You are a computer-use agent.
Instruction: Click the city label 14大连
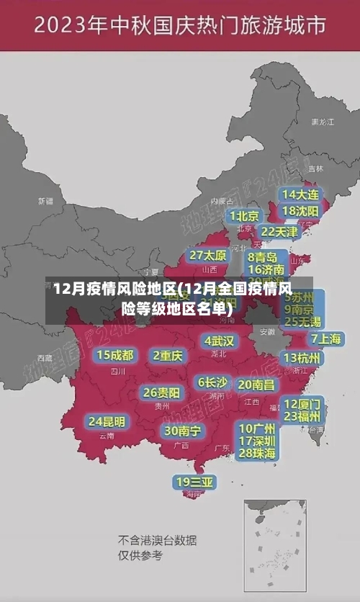[x=301, y=195]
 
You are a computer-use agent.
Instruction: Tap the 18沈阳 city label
[x=301, y=211]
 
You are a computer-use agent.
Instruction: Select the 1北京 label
[x=244, y=216]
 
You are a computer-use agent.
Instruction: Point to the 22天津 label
[x=279, y=232]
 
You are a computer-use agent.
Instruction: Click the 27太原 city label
[x=208, y=256]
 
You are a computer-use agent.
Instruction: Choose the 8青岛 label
[x=263, y=257]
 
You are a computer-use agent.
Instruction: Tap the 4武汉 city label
[x=219, y=341]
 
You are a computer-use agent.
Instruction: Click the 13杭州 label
[x=302, y=358]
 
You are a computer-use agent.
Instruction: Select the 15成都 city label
[x=115, y=355]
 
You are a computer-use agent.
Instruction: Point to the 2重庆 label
[x=168, y=356]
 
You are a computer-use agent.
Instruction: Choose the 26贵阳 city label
[x=161, y=393]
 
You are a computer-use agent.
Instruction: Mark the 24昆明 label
[x=107, y=421]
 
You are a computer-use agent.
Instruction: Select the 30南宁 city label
[x=182, y=431]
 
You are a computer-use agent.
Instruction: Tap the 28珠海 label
[x=257, y=453]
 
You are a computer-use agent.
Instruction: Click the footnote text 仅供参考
[x=140, y=555]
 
